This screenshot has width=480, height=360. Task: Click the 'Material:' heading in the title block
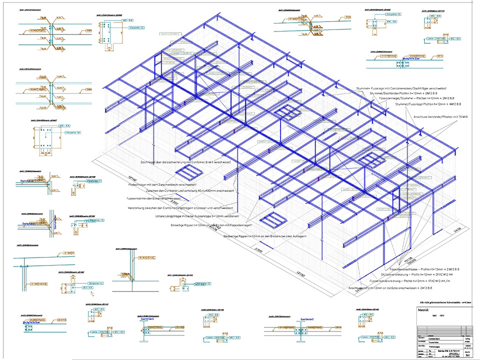pos(424,310)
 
